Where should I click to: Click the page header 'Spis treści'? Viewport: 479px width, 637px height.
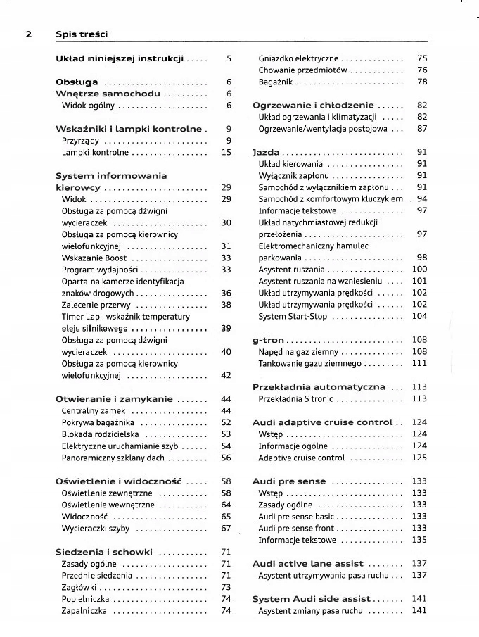coord(81,34)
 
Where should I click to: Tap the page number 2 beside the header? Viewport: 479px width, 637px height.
coord(29,34)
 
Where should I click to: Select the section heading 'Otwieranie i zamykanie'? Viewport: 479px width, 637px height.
coord(114,399)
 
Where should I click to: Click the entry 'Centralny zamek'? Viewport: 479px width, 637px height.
coord(94,411)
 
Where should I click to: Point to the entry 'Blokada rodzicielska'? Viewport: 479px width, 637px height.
coord(101,434)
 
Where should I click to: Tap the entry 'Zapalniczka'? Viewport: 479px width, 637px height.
coord(84,611)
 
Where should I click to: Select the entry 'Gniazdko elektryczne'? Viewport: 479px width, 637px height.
coord(298,58)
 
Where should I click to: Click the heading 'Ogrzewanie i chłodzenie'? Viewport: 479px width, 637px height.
coord(313,105)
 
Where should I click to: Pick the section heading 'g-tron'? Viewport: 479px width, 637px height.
coord(268,340)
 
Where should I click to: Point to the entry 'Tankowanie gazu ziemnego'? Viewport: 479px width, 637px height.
coord(309,364)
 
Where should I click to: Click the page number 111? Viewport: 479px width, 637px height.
coord(419,364)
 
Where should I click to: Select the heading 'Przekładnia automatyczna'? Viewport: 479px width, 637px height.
coord(319,386)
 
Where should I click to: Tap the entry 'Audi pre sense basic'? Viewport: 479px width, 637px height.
coord(296,517)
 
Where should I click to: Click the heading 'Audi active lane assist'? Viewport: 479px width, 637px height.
coord(307,564)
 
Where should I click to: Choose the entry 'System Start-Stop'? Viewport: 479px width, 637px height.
coord(293,317)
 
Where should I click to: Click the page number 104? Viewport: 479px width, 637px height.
coord(419,317)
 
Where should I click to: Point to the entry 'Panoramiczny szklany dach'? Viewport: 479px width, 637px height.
coord(113,458)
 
